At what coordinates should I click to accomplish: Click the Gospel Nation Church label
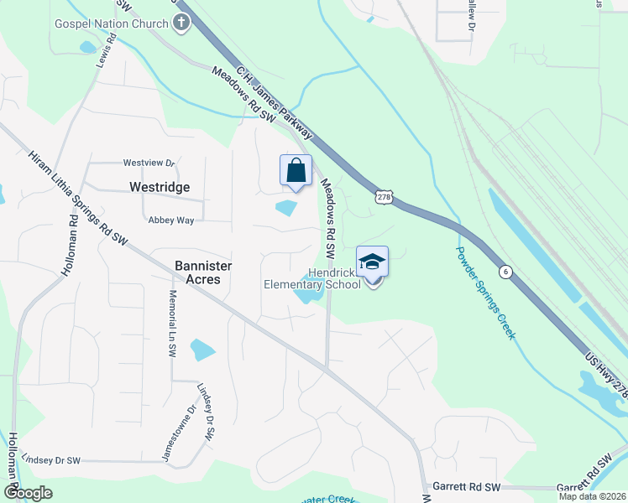[112, 23]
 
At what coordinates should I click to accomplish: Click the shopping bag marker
[296, 171]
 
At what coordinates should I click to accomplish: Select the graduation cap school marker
[373, 262]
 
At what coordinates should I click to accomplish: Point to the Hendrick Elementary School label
[312, 278]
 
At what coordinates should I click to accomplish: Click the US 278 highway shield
[384, 196]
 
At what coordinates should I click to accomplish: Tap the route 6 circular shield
[505, 271]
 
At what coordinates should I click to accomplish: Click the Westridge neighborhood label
[160, 187]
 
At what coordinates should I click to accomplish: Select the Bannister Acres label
[203, 272]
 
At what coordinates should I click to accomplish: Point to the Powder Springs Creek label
[486, 292]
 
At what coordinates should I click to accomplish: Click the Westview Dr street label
[149, 163]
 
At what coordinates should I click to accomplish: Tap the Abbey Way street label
[171, 220]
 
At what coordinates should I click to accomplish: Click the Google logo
[28, 493]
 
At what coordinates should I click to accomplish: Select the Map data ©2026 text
[591, 496]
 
